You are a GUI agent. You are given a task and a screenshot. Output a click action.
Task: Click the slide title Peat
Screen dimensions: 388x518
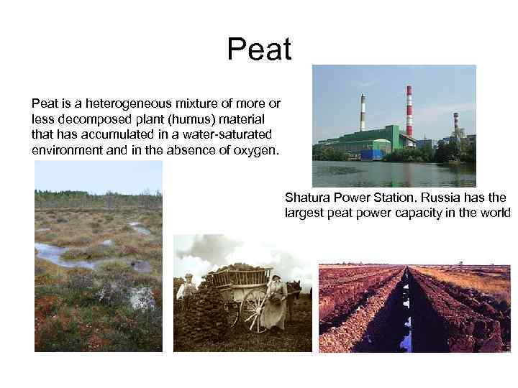point(259,50)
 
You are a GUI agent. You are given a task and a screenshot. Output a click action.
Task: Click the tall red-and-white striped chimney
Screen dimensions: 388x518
point(409,111)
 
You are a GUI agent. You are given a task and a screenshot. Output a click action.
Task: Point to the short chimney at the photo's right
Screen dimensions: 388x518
point(455,124)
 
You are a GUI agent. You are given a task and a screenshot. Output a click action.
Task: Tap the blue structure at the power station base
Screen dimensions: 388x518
point(371,153)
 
